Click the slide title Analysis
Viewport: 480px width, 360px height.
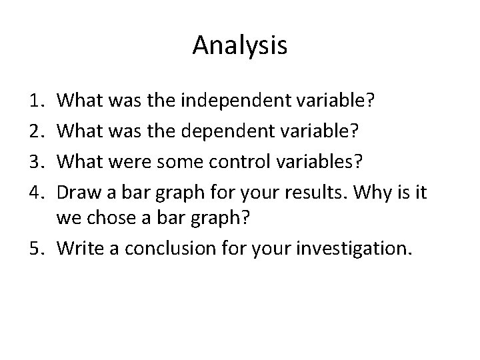(240, 45)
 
